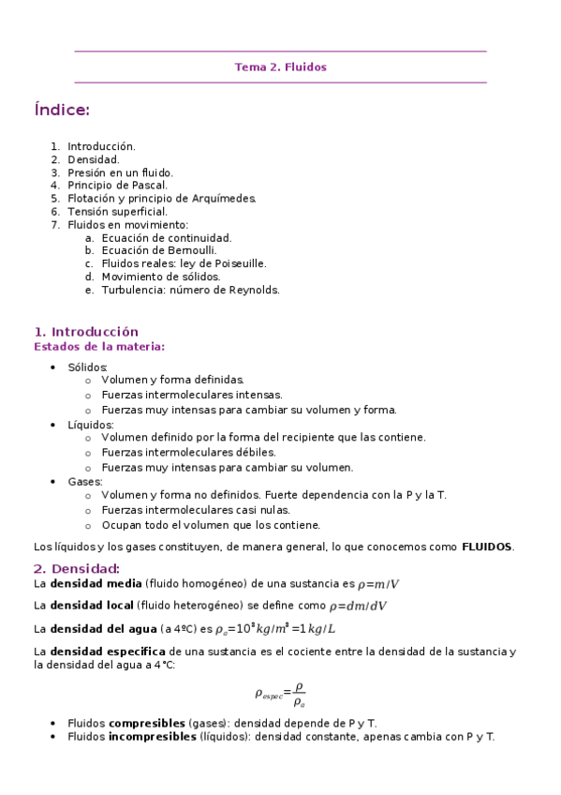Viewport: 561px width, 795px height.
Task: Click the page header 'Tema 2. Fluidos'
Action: tap(280, 67)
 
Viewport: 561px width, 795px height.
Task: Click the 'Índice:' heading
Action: tap(62, 111)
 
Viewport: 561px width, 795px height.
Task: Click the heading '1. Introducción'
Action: tap(86, 332)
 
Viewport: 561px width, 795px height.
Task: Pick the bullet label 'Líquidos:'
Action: tap(91, 425)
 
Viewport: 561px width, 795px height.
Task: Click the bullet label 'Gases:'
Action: tap(85, 482)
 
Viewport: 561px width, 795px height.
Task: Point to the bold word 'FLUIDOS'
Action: tap(487, 547)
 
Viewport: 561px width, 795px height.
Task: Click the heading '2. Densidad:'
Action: tap(77, 569)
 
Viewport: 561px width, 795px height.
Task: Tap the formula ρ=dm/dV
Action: tap(358, 607)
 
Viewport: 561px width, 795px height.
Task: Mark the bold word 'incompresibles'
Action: tap(153, 737)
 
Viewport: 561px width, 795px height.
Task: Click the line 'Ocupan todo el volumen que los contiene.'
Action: tap(211, 525)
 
